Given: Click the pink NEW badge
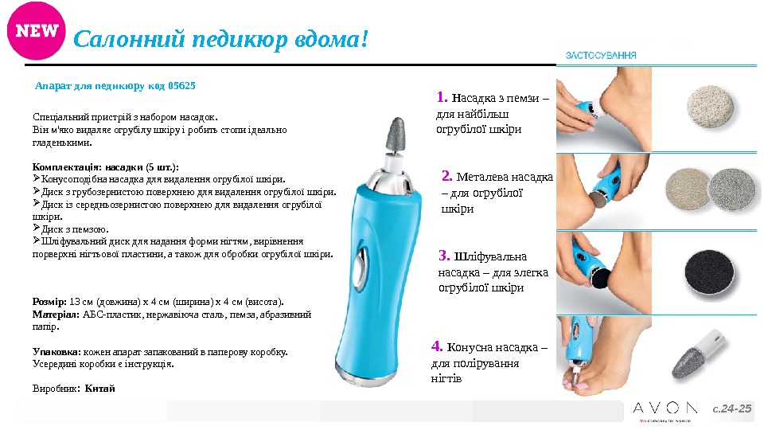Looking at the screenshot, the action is coord(36,31).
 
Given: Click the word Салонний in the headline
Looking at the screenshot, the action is coord(129,39).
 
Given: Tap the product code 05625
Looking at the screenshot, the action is coord(181,86).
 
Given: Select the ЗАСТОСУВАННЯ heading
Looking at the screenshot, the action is coord(601,56).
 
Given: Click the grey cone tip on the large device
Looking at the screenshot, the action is coord(396,134).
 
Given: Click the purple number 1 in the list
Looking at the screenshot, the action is coord(442,97).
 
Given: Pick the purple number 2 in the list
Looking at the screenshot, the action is coord(446,175).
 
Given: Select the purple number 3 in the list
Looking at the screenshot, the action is coord(444,255).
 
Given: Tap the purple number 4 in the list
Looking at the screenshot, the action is coord(437,346).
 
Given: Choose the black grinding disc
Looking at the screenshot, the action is coord(709,272).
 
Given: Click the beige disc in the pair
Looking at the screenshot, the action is coord(687,189).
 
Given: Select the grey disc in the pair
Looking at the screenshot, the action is coord(732,190).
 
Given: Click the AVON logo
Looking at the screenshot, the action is coord(665,408).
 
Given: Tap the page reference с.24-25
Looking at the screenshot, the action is coord(732,408).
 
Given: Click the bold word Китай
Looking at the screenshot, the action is coord(100,389).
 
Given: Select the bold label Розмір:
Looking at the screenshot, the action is coord(49,302).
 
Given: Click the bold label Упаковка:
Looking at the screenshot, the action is coord(57,352).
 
